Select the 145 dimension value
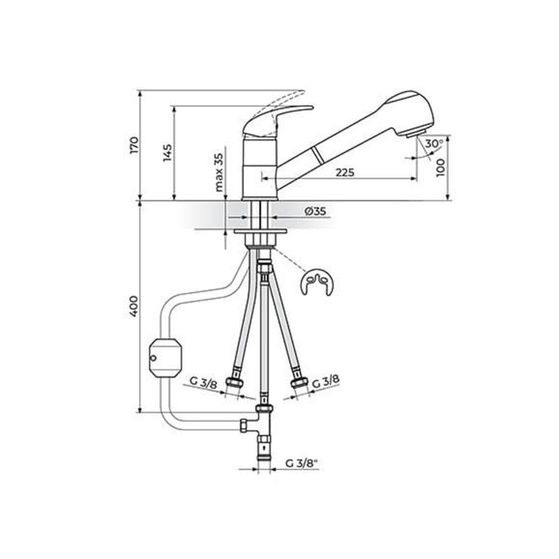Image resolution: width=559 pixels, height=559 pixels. [167, 153]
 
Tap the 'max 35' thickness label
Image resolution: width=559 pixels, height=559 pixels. [219, 172]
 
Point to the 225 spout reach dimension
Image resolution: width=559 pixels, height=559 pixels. [345, 173]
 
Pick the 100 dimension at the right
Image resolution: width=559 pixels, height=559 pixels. [440, 167]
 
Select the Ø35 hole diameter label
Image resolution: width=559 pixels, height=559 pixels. [315, 211]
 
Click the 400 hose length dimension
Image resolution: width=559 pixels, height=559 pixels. [133, 306]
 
